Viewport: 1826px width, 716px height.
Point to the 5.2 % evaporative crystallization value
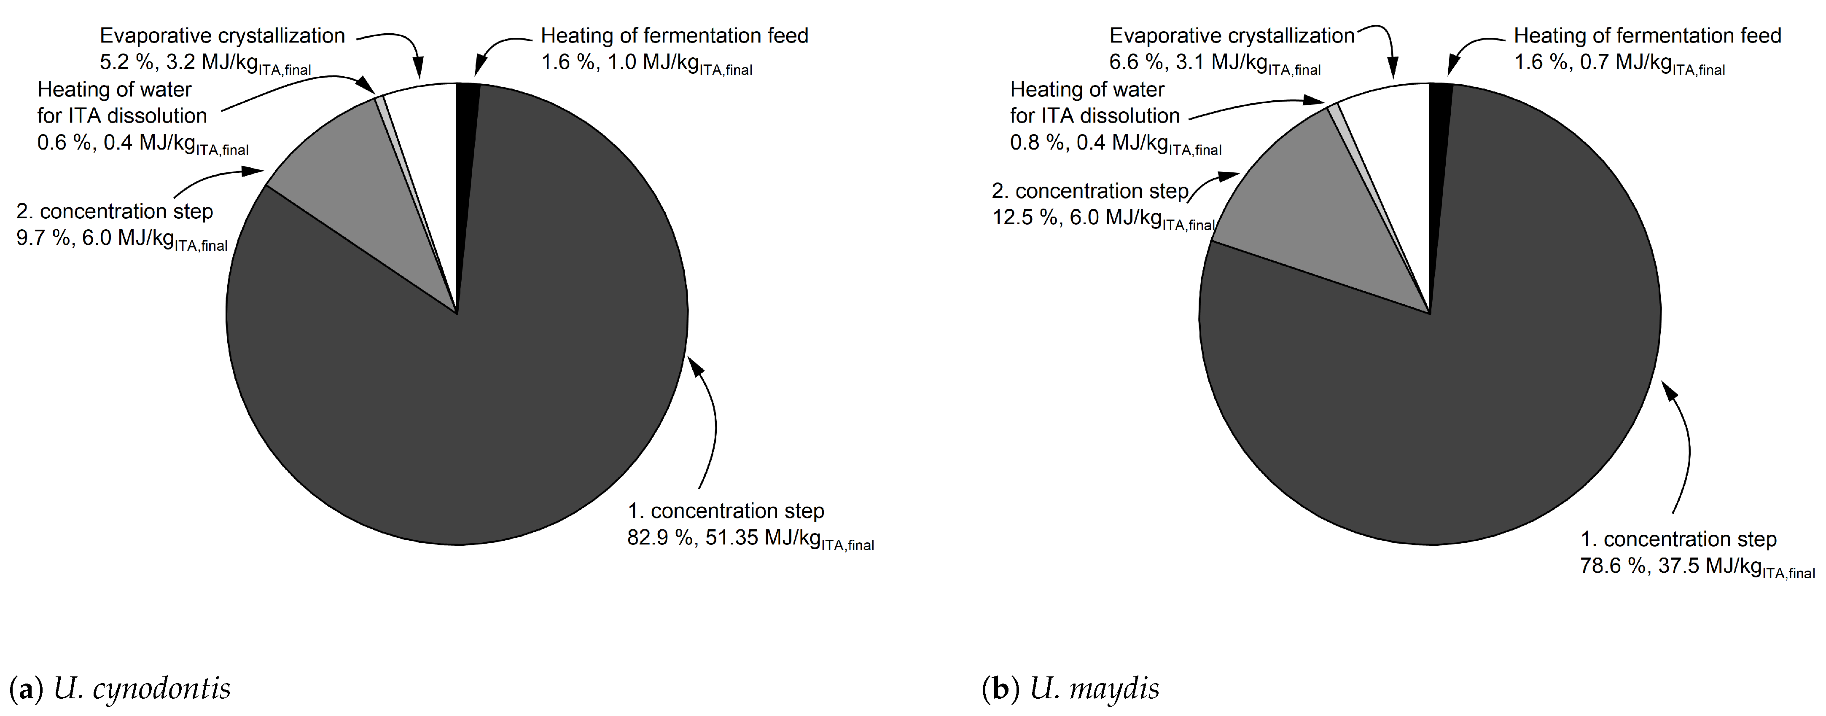click(x=126, y=62)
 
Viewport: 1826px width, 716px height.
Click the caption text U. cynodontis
click(x=142, y=688)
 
